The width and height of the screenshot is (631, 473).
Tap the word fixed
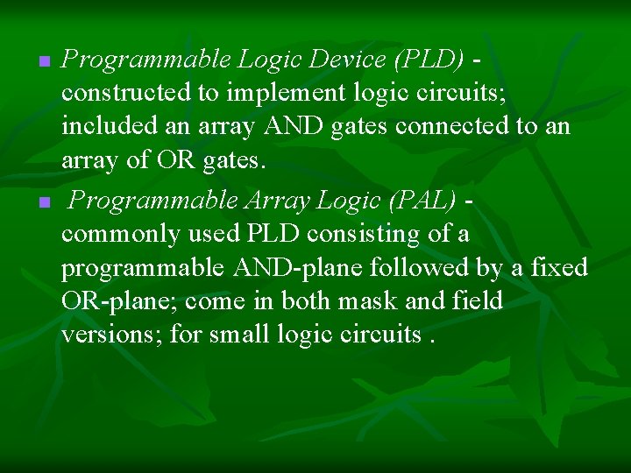point(560,268)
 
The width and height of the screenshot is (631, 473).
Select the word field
point(479,301)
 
